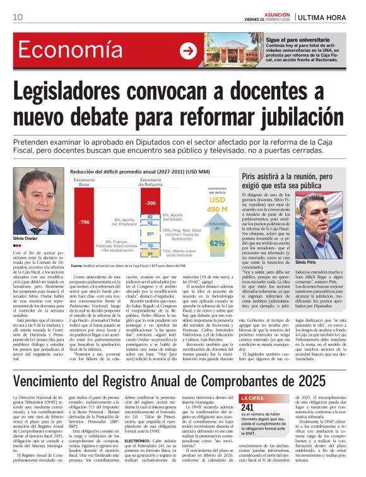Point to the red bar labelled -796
click(84, 222)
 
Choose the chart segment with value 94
click(150, 253)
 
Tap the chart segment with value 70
click(150, 246)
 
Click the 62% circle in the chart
click(217, 242)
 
